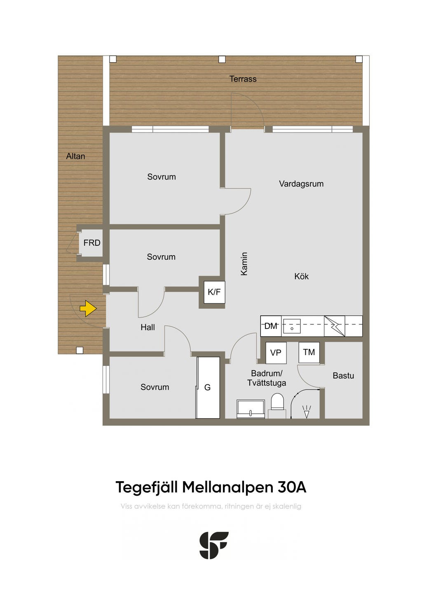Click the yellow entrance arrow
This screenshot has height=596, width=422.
88,308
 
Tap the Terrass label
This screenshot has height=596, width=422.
243,79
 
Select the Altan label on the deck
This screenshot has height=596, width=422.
76,156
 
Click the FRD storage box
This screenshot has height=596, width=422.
91,243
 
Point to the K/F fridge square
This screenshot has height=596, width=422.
214,292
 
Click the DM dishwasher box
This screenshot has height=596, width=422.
271,326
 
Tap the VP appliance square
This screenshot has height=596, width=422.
276,353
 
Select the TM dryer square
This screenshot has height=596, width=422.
309,352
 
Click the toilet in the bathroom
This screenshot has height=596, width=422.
277,402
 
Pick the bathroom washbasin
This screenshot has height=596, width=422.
251,409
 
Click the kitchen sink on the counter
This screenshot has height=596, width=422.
292,326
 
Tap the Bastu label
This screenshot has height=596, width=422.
343,375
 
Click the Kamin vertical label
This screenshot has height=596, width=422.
244,264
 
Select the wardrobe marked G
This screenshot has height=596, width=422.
208,387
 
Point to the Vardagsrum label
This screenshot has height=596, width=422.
301,184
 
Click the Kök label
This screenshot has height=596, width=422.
302,277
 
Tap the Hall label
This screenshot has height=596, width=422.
148,328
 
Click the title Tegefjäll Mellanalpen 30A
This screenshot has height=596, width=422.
211,487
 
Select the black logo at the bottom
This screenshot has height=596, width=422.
214,545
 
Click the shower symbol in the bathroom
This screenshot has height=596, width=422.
306,411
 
